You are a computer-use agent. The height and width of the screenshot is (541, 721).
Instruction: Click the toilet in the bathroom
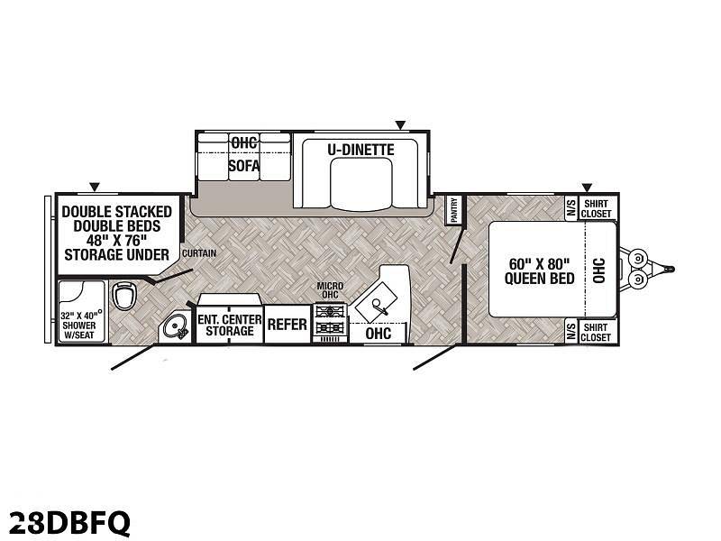click(124, 296)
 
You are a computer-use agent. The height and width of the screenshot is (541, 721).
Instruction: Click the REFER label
click(287, 325)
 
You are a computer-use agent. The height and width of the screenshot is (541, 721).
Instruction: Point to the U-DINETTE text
click(361, 150)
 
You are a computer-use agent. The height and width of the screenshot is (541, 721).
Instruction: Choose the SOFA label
click(244, 165)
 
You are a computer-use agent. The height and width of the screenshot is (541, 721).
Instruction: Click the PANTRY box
click(454, 210)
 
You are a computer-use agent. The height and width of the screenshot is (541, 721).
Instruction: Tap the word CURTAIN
click(199, 253)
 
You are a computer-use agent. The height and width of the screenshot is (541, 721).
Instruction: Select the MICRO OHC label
click(330, 290)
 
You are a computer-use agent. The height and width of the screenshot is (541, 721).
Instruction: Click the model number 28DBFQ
click(70, 522)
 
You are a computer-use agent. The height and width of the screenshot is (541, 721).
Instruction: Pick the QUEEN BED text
click(539, 279)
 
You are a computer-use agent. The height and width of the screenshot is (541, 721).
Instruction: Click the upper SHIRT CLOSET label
click(596, 208)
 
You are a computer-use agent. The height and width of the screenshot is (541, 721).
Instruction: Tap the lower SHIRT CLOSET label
click(596, 332)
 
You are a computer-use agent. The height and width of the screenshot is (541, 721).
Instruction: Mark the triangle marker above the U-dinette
click(400, 124)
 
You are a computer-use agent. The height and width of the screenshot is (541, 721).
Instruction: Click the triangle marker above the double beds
click(95, 187)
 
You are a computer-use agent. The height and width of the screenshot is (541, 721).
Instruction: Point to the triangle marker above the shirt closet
click(587, 188)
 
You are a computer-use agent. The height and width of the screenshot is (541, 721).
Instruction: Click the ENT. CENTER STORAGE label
click(230, 326)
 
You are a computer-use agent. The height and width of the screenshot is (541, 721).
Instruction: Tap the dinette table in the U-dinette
click(361, 185)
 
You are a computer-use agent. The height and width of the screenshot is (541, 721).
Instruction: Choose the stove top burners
click(330, 320)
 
